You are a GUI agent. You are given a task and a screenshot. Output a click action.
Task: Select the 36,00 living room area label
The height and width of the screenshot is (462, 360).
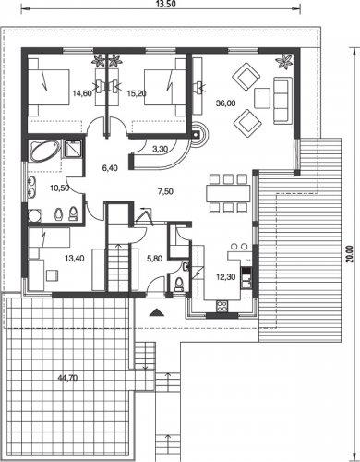(225, 103)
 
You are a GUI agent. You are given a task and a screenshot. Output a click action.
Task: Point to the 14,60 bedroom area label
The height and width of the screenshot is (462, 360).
(82, 93)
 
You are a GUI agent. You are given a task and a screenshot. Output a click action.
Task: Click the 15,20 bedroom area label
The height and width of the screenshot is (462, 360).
(137, 93)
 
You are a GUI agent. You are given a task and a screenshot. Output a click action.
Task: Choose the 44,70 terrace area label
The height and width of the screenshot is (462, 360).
(67, 377)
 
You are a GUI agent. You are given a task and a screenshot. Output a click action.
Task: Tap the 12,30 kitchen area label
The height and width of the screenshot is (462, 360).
(226, 277)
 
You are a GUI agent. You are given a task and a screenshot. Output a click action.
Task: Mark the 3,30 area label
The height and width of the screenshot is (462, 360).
(160, 150)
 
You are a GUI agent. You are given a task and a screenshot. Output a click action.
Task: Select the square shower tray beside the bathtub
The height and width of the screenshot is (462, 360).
(72, 149)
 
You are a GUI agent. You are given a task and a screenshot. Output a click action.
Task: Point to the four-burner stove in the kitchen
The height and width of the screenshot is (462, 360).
(222, 306)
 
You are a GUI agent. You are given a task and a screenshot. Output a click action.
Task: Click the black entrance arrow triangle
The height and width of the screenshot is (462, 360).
(157, 312)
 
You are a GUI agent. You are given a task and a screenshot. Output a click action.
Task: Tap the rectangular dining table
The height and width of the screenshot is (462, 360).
(228, 193)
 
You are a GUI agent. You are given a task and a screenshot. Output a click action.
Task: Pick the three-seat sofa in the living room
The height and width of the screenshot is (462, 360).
(282, 101)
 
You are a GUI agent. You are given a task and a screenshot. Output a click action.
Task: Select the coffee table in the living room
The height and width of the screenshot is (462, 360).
(262, 98)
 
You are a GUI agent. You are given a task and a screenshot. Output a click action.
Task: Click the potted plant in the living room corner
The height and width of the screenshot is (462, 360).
(283, 61)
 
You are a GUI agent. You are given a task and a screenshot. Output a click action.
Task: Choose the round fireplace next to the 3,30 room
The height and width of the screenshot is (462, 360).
(198, 134)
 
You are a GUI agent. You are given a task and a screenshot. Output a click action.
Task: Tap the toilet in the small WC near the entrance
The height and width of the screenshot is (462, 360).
(178, 284)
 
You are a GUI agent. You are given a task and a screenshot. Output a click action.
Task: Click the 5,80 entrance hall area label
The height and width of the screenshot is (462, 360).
(154, 259)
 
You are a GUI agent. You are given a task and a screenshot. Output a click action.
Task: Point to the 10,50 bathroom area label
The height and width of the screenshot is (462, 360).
(59, 188)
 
